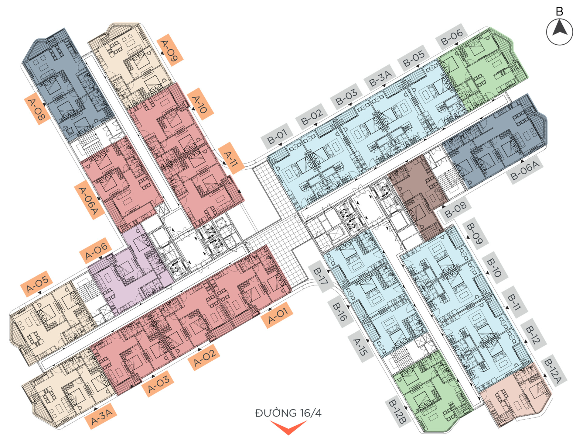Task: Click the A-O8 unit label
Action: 37,109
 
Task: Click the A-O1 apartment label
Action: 277,315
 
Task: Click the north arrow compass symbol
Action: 560,32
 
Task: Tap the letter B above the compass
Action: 559,12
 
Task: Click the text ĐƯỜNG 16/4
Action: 288,413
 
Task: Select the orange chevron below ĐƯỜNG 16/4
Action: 288,427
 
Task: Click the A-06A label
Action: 88,200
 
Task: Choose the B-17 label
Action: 321,276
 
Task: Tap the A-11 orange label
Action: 231,158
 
